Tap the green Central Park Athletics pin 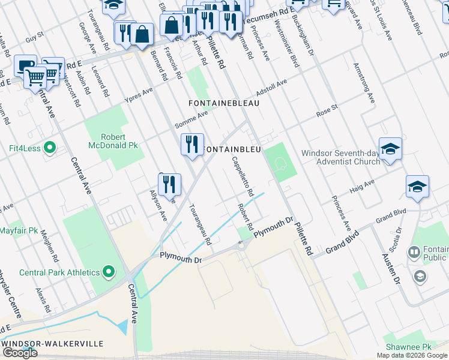(x=109, y=272)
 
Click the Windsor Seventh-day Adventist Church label (x=340, y=157)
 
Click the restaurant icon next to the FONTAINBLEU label (x=192, y=145)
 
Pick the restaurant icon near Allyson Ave (x=172, y=184)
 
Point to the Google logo (x=20, y=353)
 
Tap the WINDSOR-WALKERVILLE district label (x=52, y=344)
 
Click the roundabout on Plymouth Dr (x=243, y=244)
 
